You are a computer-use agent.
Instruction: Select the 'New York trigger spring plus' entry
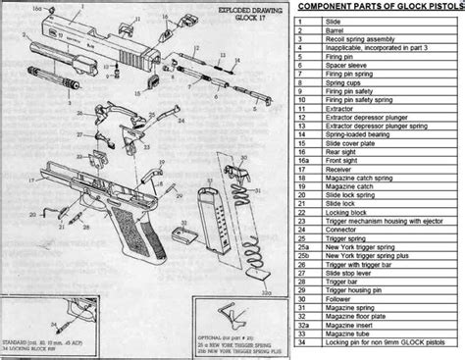372,266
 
